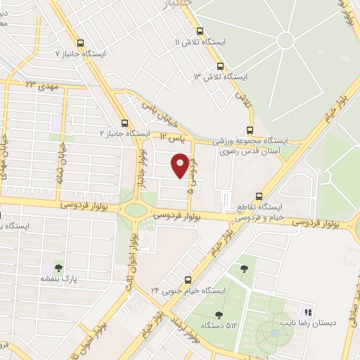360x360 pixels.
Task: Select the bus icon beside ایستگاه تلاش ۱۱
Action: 200,31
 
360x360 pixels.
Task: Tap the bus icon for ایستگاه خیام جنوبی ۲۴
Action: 187,279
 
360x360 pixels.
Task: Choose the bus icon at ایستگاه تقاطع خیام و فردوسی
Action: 259,196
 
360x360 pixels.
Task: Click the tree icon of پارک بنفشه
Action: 58,267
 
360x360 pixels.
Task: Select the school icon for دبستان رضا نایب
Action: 307,312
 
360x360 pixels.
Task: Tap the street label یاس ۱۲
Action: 171,136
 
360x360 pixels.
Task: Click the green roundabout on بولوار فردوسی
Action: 134,210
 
